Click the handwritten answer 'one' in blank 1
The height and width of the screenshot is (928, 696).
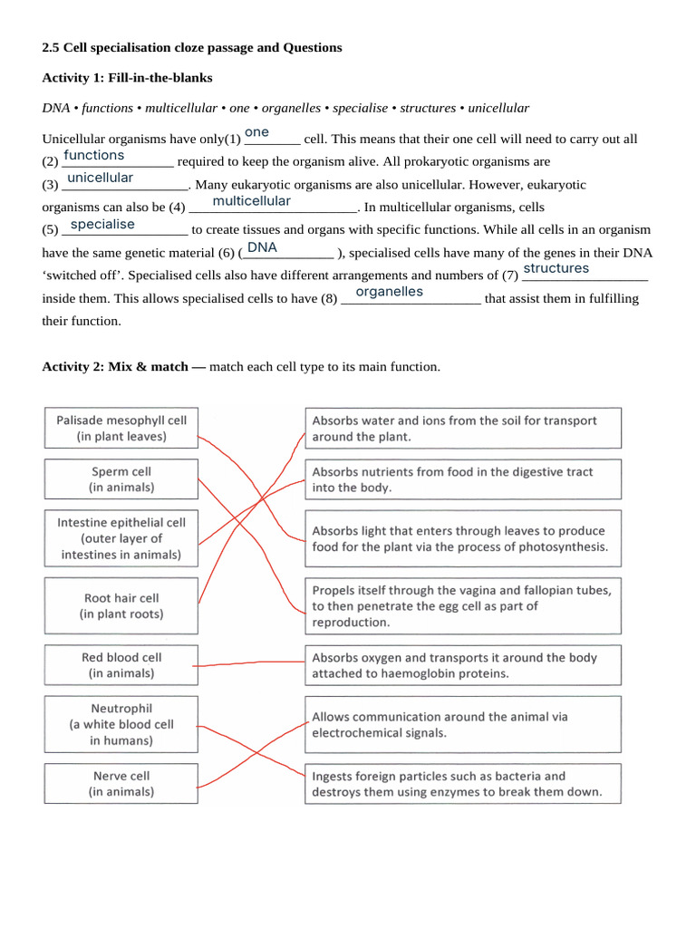click(x=256, y=132)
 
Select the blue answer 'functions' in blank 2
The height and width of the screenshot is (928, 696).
click(x=94, y=156)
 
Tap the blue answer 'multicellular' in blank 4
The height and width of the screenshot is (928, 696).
click(x=251, y=201)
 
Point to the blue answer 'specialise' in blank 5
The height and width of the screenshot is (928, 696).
click(x=102, y=224)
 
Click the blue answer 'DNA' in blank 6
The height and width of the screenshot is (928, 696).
click(x=262, y=247)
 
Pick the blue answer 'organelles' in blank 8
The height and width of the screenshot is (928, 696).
click(x=389, y=292)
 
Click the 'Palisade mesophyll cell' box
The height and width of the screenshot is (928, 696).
click(x=121, y=429)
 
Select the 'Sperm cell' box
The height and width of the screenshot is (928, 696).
click(x=121, y=479)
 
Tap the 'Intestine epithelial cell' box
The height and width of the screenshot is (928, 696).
click(x=121, y=538)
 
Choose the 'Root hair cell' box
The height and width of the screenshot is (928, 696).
click(x=121, y=606)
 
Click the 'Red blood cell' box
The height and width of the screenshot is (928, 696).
click(x=121, y=665)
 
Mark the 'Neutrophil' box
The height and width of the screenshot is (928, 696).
click(x=121, y=724)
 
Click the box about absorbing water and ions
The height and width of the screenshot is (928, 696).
click(x=463, y=429)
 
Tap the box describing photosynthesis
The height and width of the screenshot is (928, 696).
click(x=463, y=538)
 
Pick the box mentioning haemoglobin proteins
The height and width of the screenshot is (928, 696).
click(x=463, y=665)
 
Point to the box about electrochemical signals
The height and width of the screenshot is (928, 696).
click(x=463, y=724)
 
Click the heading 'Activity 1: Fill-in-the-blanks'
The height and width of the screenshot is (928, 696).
click(x=128, y=78)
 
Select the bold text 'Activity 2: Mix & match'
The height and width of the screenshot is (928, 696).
click(x=123, y=367)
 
